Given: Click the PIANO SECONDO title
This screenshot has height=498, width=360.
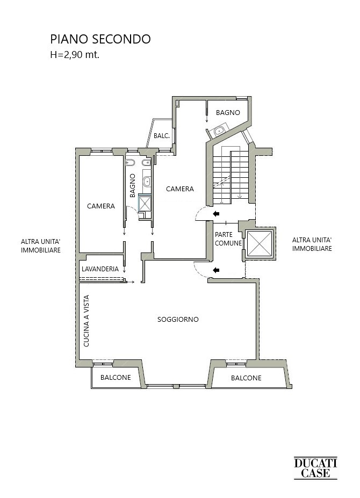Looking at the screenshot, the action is coord(100,39).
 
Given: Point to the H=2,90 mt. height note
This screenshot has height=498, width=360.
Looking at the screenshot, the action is coord(75,55).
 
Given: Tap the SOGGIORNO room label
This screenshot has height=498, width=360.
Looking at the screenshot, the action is coord(178,319).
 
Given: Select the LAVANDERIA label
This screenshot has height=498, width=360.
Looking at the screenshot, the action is coord(100,269).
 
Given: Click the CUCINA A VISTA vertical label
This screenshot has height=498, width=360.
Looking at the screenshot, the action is coord(86,321).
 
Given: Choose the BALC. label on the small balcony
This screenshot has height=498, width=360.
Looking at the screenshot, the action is coord(161,135).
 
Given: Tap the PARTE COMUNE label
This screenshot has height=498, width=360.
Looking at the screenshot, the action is coord(228,239).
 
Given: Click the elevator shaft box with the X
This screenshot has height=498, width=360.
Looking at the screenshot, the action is coord(260,243).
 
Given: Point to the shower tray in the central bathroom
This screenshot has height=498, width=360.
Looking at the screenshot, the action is coord(145,203).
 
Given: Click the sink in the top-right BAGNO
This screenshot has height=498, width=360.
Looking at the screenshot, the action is coord(219,131).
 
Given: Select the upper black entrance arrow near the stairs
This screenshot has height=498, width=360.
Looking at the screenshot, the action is coord(216,214).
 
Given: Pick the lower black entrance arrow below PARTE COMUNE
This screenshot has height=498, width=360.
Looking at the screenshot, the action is coord(216,270).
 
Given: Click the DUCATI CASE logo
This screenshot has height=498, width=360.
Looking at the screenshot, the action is coord(315,467).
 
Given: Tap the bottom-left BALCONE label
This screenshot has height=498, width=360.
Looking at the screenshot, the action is coord(116,377).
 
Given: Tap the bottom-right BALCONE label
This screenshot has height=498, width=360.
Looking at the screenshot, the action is coord(246,378).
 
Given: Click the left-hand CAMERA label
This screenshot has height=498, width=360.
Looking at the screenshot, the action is coord(100,206).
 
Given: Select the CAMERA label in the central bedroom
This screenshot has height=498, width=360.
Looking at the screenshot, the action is coord(180,189).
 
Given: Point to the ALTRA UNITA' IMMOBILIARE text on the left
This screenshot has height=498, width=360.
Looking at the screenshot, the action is coord(41,246).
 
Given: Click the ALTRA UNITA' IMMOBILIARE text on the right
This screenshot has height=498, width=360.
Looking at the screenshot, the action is coord(312,244).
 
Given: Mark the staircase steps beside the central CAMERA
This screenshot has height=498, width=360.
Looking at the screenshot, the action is coord(231,176).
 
